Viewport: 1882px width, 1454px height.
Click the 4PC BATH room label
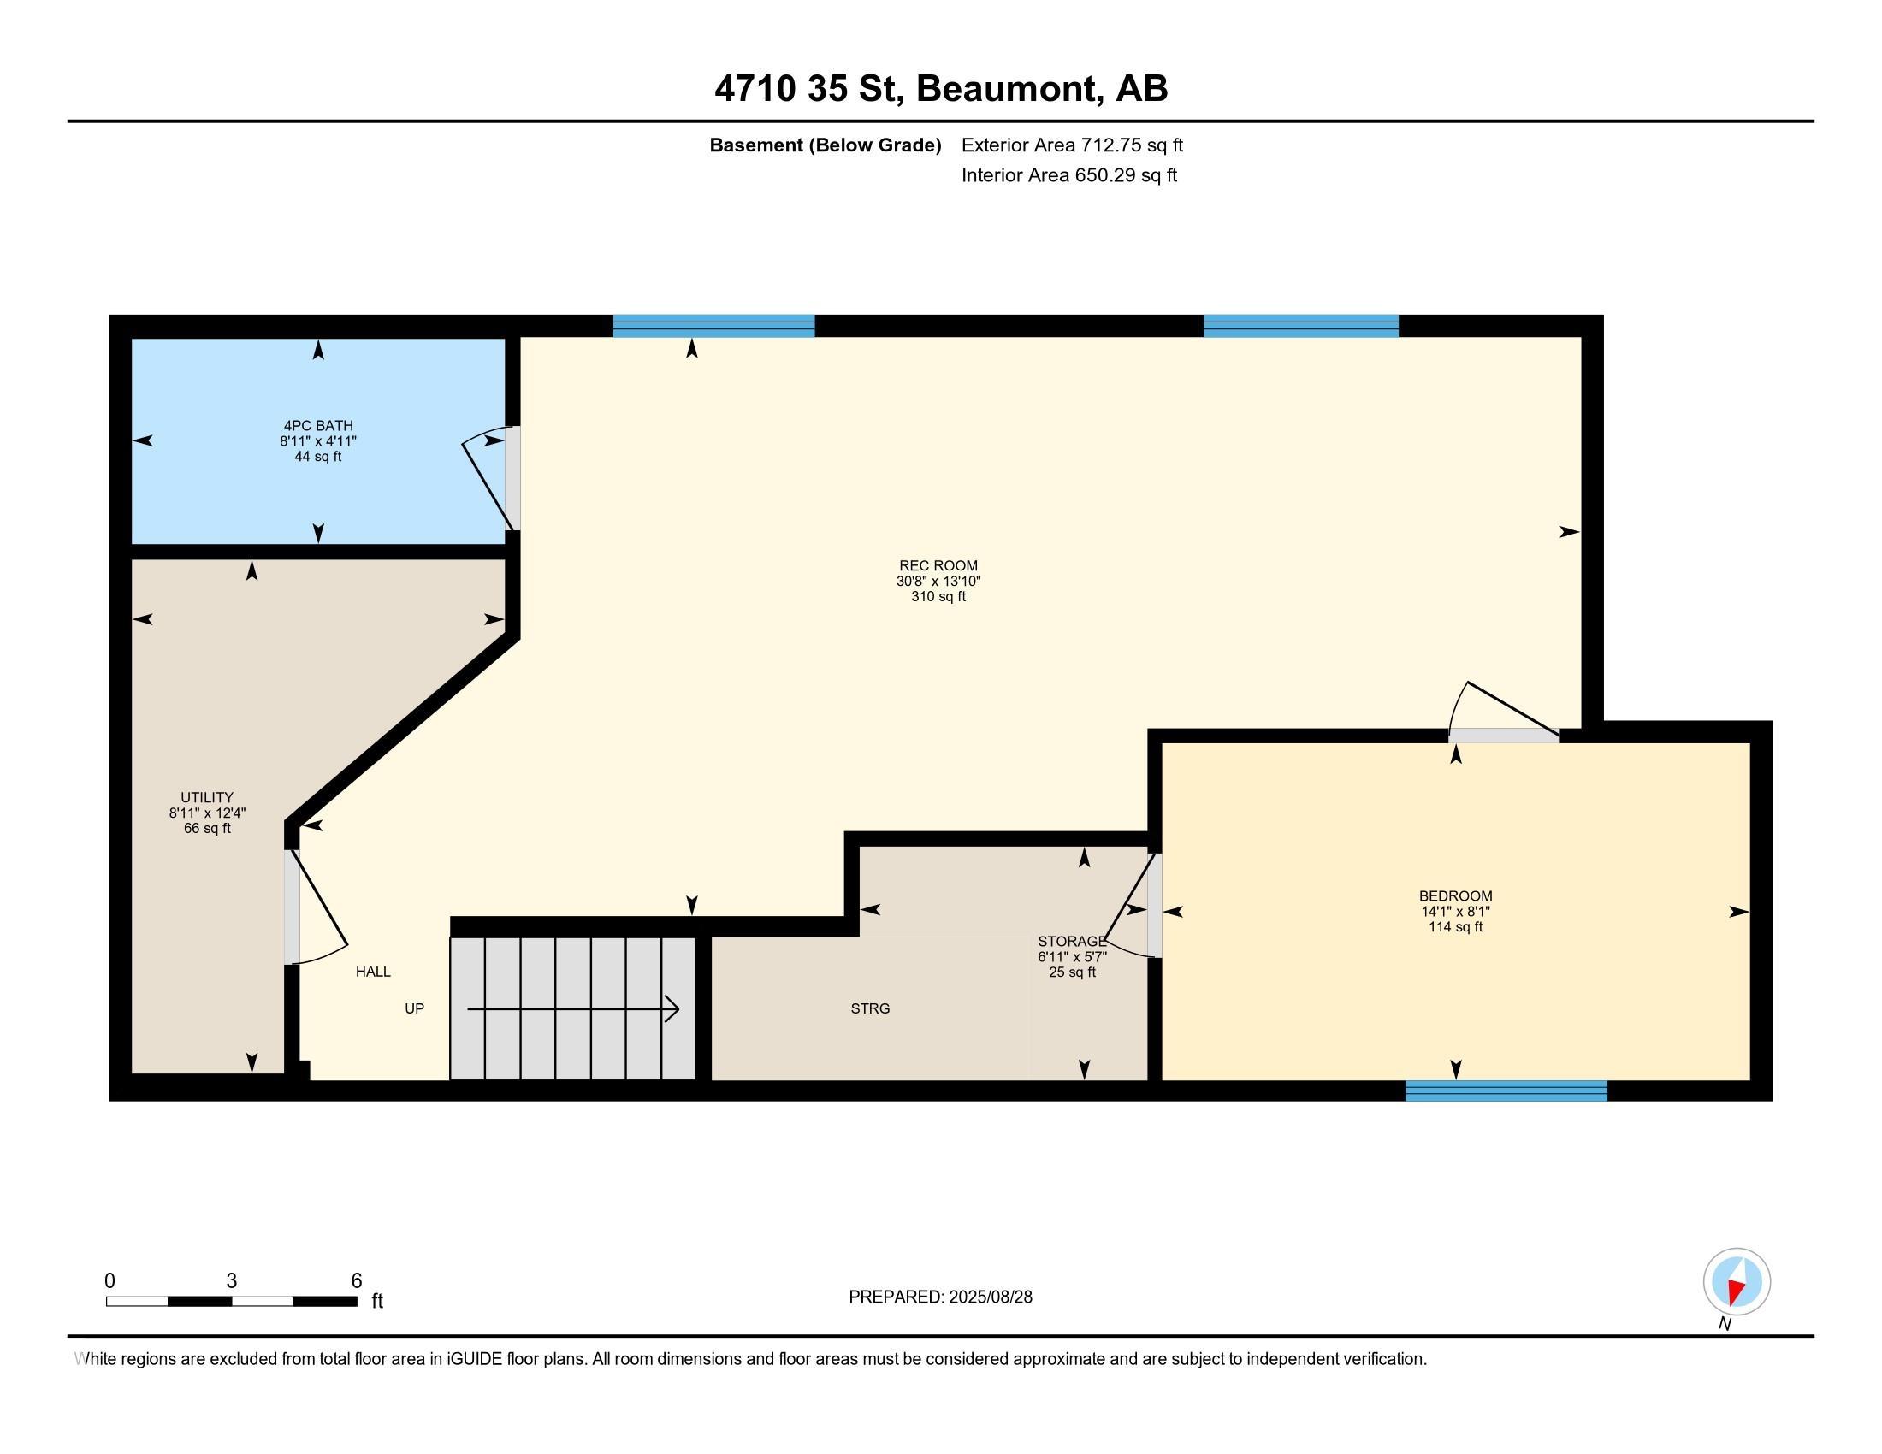[318, 426]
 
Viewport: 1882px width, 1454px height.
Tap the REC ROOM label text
[938, 566]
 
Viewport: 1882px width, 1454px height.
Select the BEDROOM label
[1455, 895]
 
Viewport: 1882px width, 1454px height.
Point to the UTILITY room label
[207, 798]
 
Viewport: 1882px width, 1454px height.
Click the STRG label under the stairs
[870, 1008]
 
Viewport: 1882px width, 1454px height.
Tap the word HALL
[373, 972]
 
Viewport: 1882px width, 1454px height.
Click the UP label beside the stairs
[415, 1008]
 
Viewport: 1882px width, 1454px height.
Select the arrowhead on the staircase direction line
[672, 1008]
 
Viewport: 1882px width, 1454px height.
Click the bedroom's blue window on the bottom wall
[1506, 1090]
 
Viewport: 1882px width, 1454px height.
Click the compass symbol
[1737, 1282]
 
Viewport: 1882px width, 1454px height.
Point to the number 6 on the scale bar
[357, 1281]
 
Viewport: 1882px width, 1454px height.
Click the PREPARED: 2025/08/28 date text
[940, 1297]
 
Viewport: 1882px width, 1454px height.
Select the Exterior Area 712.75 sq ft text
[1072, 145]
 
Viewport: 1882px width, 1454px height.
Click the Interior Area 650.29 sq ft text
[1069, 175]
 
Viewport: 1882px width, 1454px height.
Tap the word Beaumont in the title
[1010, 89]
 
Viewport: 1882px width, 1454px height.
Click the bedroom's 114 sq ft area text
[1455, 927]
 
